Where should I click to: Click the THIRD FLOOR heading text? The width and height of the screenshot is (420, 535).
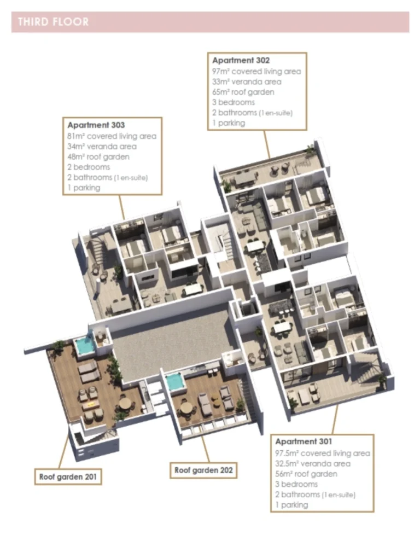(53, 22)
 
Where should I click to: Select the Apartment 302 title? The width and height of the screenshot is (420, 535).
(241, 61)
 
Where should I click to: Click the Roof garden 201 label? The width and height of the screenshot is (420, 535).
(68, 476)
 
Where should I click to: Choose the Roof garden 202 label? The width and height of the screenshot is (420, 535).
(205, 470)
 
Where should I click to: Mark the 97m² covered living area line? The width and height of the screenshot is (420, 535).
(256, 71)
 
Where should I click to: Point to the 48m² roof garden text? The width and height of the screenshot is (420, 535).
(98, 156)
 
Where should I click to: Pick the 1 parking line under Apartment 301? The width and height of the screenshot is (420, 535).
(291, 505)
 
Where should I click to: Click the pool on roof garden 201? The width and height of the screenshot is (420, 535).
(84, 346)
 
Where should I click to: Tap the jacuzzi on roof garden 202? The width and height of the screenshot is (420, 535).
(174, 382)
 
